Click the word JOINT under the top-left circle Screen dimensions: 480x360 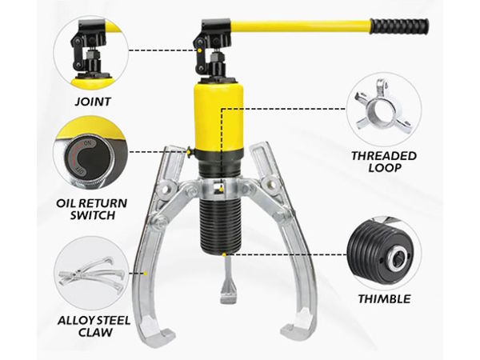click(93, 102)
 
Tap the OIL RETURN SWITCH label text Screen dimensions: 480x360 click(91, 209)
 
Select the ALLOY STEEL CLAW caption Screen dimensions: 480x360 click(94, 326)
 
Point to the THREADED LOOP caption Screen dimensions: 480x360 click(384, 162)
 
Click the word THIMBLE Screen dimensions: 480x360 click(384, 298)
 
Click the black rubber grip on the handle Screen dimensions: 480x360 click(400, 26)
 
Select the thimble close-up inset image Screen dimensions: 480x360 click(384, 253)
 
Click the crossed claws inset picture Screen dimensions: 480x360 click(92, 274)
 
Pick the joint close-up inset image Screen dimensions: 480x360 click(91, 54)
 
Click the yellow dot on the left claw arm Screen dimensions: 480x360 click(146, 274)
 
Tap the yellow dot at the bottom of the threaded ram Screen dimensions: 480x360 click(224, 254)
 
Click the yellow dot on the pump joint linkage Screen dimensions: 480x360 click(199, 50)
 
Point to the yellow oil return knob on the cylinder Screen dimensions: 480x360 click(189, 151)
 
